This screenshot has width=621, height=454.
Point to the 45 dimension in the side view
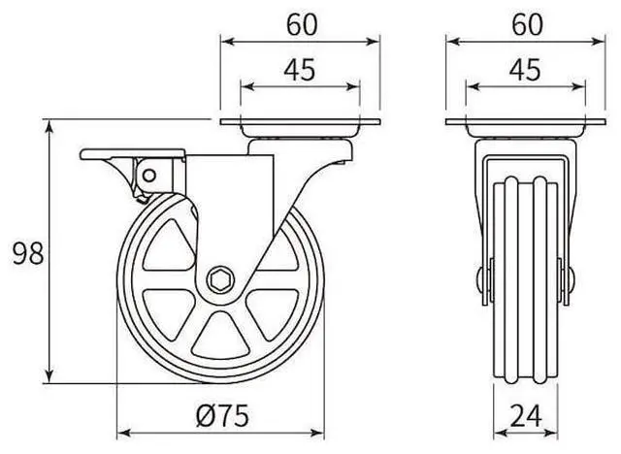(x=300, y=70)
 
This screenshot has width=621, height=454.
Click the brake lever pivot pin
(x=150, y=176)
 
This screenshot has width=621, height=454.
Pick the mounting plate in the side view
(x=300, y=125)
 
